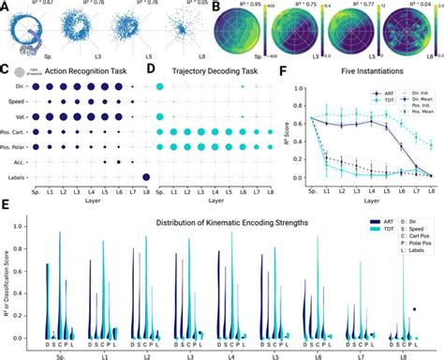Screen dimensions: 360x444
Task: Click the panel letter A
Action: tap(6, 6)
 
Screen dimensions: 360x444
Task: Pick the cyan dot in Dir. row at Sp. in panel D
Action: tap(159, 85)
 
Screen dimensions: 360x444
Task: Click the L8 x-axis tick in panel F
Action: tap(430, 186)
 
